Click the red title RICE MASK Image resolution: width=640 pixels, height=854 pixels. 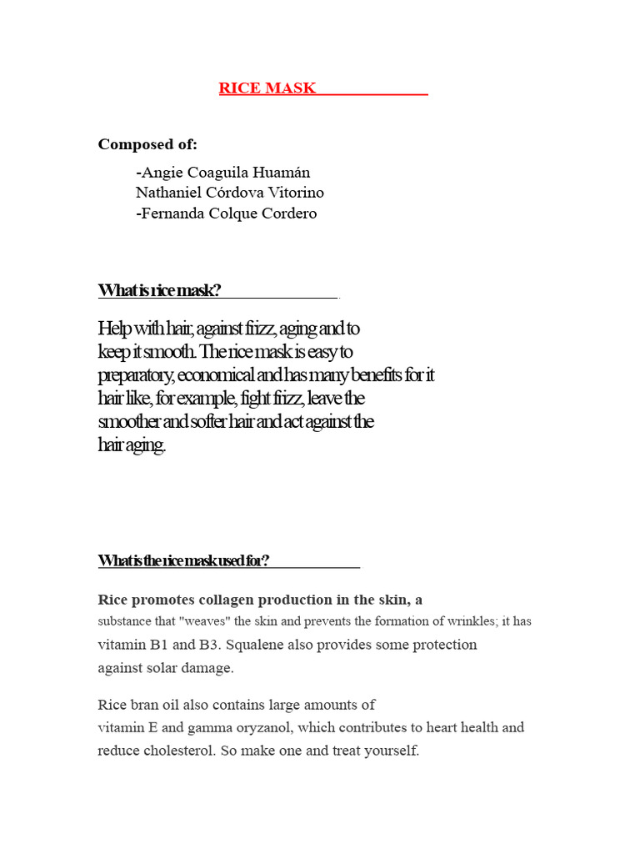[267, 88]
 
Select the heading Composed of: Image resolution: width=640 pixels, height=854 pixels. [147, 144]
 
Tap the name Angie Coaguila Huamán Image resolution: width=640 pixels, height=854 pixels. [222, 173]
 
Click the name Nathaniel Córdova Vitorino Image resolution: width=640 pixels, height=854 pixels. [230, 193]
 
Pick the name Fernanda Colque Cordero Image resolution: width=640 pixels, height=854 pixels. [226, 213]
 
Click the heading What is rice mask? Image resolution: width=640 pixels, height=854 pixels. [159, 290]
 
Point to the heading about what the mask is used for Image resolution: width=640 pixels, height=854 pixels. [183, 560]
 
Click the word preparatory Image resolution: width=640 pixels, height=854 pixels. [134, 375]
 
